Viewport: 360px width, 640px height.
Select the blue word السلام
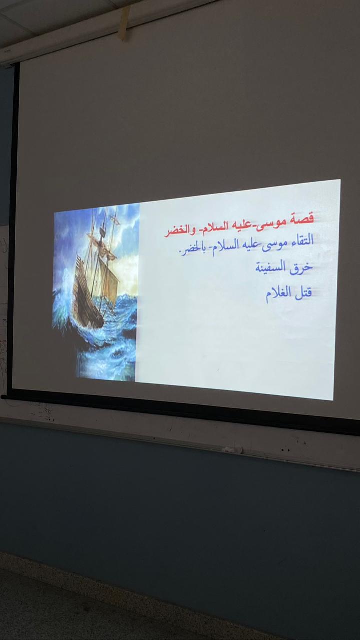coord(221,247)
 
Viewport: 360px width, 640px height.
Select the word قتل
coord(303,293)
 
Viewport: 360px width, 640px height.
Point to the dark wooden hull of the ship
coord(86,303)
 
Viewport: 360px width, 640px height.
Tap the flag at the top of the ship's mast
coord(113,219)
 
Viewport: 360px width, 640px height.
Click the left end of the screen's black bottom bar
coord(2,397)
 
